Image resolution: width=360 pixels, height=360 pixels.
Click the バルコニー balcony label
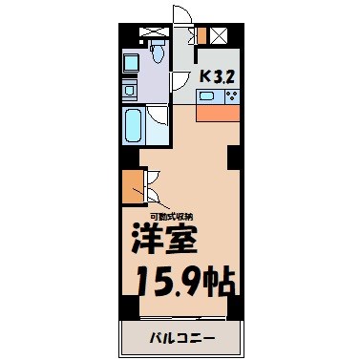pos(181,338)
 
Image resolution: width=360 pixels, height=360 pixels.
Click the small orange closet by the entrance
pos(201,37)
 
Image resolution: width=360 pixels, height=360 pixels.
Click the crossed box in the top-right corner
pos(220,37)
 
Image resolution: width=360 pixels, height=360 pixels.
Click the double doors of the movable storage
pos(152,188)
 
